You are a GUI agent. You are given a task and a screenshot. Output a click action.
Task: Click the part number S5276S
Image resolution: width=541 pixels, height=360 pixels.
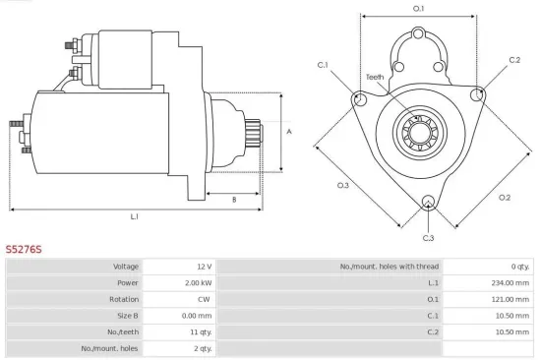(x=23, y=250)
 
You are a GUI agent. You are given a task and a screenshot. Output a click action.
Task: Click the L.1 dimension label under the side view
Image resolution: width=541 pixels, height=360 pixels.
(x=135, y=215)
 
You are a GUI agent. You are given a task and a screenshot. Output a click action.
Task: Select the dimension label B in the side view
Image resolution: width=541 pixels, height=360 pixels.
(x=233, y=200)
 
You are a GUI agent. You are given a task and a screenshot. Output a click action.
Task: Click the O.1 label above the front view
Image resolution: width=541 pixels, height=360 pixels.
(x=418, y=9)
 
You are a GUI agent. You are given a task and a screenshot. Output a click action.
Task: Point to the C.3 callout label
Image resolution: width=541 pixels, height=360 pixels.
(x=428, y=237)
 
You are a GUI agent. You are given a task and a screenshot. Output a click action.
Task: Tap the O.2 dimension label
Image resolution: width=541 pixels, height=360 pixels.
(x=505, y=197)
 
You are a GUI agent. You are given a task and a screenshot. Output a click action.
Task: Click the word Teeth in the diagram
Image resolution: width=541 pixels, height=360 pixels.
(x=375, y=77)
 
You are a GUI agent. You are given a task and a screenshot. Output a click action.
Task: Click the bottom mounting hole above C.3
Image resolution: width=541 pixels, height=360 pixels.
(x=427, y=204)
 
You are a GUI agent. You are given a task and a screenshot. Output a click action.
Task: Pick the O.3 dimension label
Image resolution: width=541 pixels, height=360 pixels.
(x=343, y=185)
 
